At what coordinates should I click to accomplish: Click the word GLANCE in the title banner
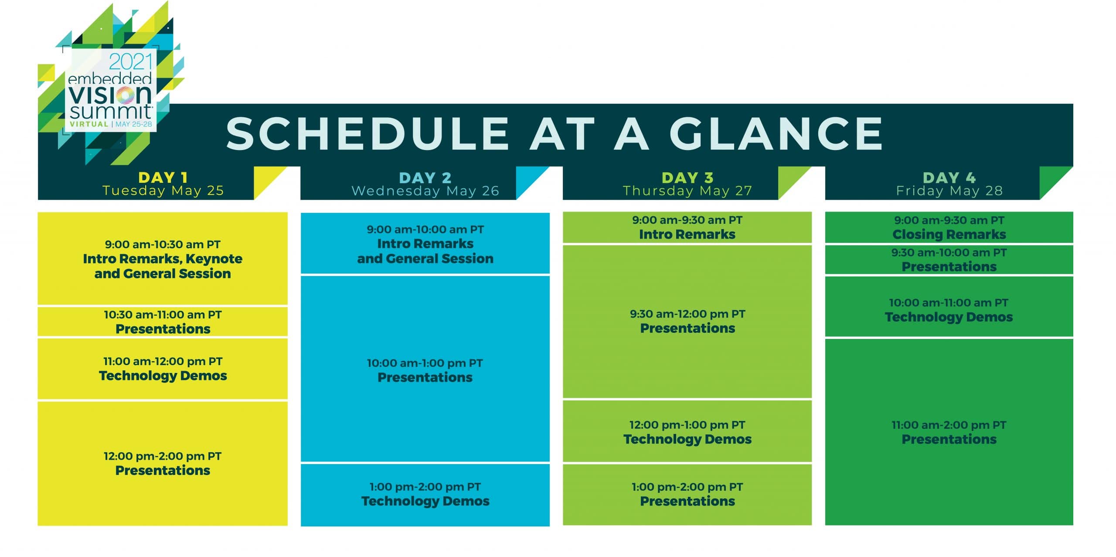coord(776,133)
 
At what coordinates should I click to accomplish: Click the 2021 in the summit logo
coord(131,62)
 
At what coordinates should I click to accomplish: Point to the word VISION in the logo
coord(110,94)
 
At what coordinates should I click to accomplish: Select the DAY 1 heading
coord(163,178)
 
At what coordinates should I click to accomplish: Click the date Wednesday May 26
coord(425,191)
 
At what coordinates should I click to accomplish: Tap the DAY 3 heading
coord(687,178)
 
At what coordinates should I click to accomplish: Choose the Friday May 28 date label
coord(949,191)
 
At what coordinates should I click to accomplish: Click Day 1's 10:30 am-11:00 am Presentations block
coord(163,322)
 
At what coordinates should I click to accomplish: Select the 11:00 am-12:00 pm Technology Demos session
coord(163,369)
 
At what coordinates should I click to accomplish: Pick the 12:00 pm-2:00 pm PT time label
coord(163,456)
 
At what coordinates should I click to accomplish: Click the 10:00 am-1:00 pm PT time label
coord(425,363)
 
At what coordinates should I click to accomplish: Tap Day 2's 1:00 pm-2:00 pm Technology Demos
coord(425,495)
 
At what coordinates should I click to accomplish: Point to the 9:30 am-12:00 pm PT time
coord(687,314)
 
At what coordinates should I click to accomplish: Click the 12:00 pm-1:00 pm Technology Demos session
coord(687,431)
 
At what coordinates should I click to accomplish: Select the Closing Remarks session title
coord(949,234)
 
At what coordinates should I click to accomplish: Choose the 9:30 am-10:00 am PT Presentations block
coord(949,260)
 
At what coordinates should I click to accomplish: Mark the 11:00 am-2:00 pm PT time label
coord(949,425)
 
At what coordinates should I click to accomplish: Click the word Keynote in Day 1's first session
coord(214,259)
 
